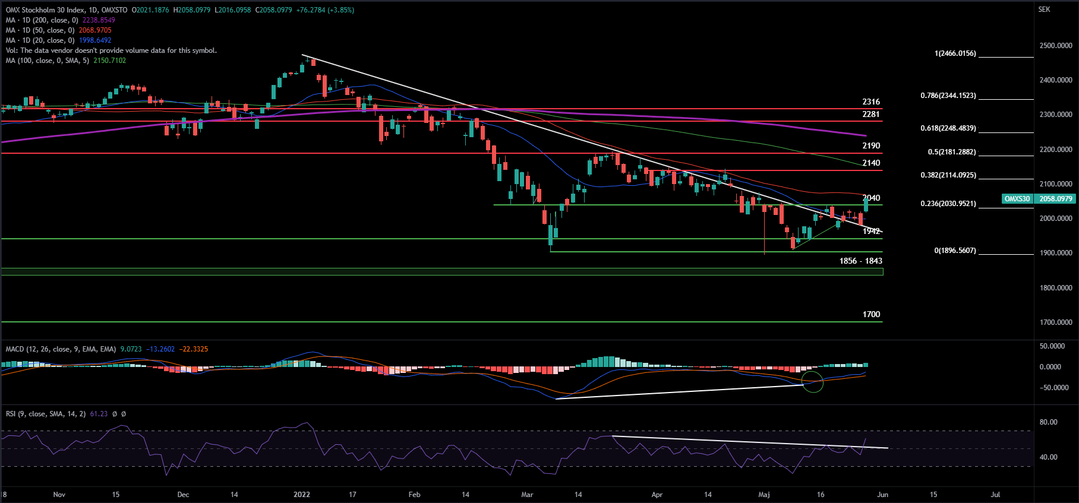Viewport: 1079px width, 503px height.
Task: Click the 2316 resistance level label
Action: point(870,102)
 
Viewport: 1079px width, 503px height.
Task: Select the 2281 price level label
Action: point(870,115)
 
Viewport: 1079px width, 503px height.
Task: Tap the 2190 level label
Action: point(870,146)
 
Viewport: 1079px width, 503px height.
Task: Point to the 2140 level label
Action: point(870,163)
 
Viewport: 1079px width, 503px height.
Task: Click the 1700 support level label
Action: point(870,315)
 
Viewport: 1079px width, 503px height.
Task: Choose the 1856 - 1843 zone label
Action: point(860,261)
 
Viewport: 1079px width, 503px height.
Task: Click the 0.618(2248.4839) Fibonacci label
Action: point(948,128)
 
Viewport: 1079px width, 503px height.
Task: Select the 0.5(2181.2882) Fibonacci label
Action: point(951,152)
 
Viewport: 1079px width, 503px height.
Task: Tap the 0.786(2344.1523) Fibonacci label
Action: point(948,96)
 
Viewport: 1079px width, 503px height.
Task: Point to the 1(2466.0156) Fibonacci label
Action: point(955,53)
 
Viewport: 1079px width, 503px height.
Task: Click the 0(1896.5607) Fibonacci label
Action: point(955,251)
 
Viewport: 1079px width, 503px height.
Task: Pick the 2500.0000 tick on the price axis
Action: point(1055,46)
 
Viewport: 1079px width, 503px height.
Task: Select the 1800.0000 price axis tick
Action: point(1055,288)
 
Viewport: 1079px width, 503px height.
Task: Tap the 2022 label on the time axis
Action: point(301,495)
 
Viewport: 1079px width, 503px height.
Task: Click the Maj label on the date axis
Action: point(764,495)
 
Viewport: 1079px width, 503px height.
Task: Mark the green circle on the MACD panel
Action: point(812,381)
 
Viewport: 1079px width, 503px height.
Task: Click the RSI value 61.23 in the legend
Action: point(99,414)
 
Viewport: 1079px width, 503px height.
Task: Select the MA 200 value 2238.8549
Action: point(99,20)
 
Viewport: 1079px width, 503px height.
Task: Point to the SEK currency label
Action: point(1044,10)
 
